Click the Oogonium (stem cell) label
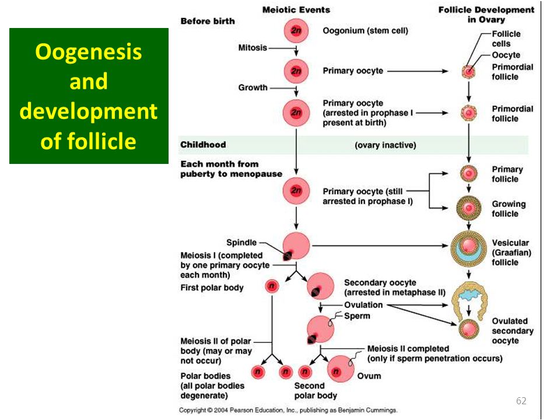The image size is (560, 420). [365, 31]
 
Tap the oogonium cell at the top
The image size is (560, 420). [296, 31]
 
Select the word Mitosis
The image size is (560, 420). [253, 47]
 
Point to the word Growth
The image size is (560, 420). [253, 87]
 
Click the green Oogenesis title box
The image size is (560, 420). [89, 96]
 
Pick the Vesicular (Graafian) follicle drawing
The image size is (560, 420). [468, 249]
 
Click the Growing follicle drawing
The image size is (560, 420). [468, 208]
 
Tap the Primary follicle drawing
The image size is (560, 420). [468, 174]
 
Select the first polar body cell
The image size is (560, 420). [272, 286]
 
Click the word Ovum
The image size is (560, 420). [369, 376]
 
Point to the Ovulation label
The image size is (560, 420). [363, 305]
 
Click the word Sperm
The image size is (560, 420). [357, 316]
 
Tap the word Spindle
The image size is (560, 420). [242, 243]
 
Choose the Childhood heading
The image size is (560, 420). [203, 145]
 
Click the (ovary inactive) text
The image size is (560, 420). [386, 145]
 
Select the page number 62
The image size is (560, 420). [521, 401]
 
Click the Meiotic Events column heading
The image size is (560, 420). [296, 10]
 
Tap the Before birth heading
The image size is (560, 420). [208, 21]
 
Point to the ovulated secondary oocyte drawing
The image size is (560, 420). [468, 329]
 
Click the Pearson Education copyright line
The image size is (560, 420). [288, 410]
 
